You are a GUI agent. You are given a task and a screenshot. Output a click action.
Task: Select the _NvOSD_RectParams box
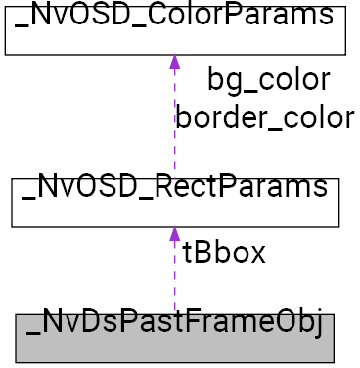point(174,202)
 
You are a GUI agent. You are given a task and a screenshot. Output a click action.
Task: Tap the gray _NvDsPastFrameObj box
point(174,338)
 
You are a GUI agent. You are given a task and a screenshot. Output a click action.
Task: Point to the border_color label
point(264,117)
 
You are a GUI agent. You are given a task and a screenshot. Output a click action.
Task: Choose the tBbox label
point(224,253)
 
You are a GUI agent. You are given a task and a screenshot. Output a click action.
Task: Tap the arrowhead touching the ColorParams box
point(174,61)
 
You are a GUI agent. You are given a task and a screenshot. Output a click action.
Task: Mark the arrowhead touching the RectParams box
point(174,235)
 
